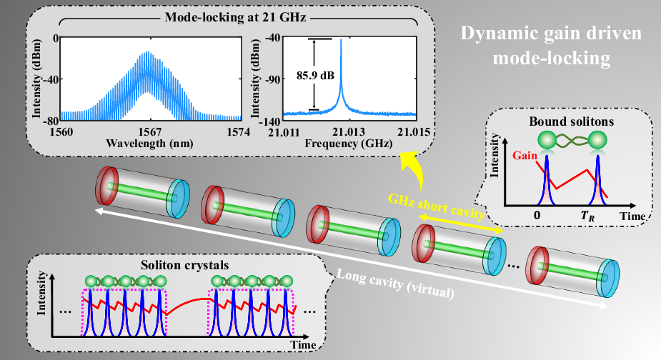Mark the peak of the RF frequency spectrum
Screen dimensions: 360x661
point(341,40)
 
